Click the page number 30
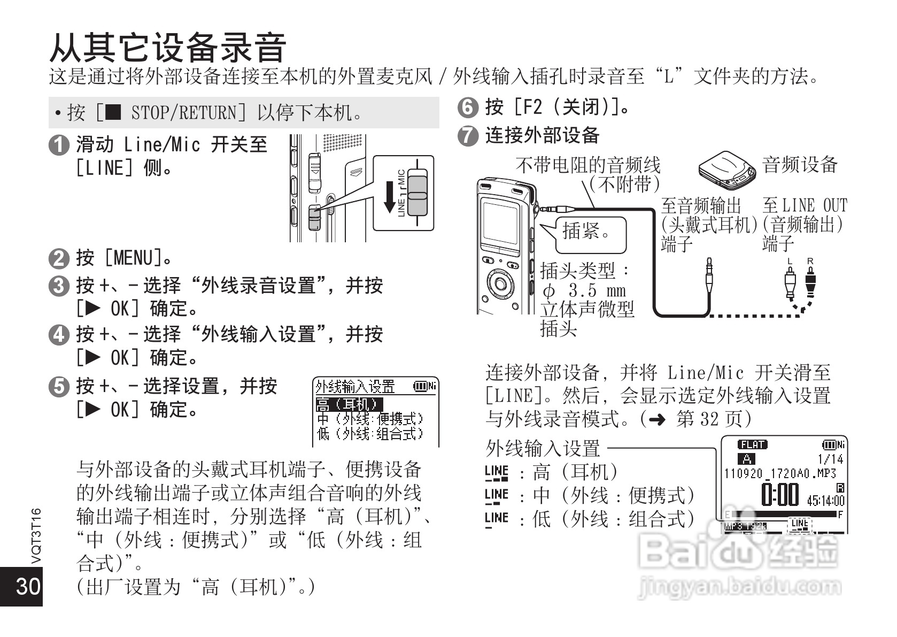point(28,586)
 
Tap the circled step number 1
point(58,145)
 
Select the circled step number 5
point(58,386)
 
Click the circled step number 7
point(468,135)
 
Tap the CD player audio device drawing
point(727,170)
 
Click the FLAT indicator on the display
point(752,445)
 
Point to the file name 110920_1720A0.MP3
point(780,473)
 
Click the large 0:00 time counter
point(780,495)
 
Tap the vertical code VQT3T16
point(36,535)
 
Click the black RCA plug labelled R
point(810,282)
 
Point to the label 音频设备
point(800,165)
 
